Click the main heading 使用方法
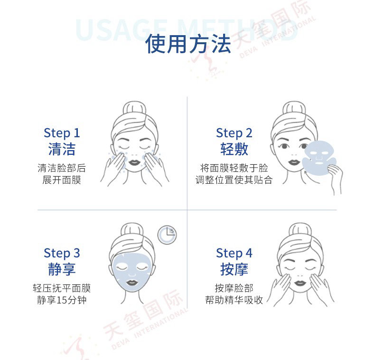pyautogui.click(x=188, y=44)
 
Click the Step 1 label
pyautogui.click(x=62, y=133)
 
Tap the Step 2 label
pyautogui.click(x=234, y=133)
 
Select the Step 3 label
pyautogui.click(x=62, y=254)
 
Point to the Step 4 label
pyautogui.click(x=234, y=254)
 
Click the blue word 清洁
pyautogui.click(x=62, y=149)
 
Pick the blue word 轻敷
pyautogui.click(x=234, y=149)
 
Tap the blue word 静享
pyautogui.click(x=62, y=269)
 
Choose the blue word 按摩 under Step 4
pyautogui.click(x=234, y=269)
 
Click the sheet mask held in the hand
pyautogui.click(x=319, y=157)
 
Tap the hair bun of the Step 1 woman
pyautogui.click(x=134, y=108)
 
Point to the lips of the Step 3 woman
pyautogui.click(x=131, y=283)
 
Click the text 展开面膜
pyautogui.click(x=62, y=180)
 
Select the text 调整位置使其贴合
pyautogui.click(x=234, y=180)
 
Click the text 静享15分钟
pyautogui.click(x=62, y=300)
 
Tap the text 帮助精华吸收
pyautogui.click(x=234, y=300)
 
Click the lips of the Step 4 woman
pyautogui.click(x=300, y=284)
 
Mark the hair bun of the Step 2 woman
pyautogui.click(x=294, y=108)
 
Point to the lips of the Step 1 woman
pyautogui.click(x=134, y=163)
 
